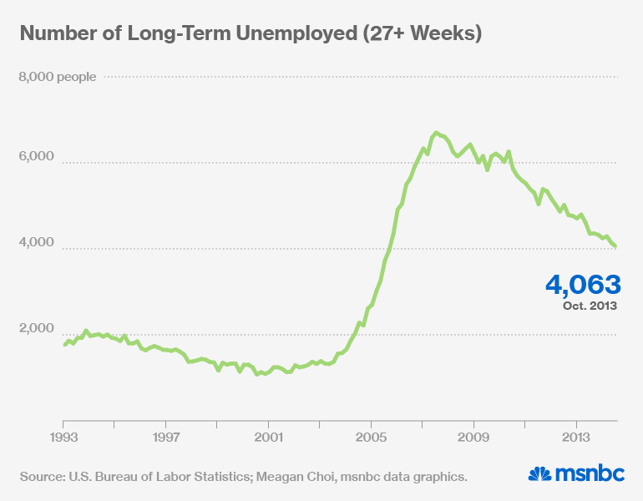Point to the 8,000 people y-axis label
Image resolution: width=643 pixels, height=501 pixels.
[x=57, y=77]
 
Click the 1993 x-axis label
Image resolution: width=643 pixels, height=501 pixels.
[x=63, y=437]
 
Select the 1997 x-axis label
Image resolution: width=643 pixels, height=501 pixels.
[x=166, y=437]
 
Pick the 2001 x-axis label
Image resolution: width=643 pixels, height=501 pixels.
[x=269, y=437]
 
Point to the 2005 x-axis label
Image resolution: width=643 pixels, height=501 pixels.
[x=372, y=437]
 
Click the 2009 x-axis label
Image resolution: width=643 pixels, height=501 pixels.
[x=474, y=437]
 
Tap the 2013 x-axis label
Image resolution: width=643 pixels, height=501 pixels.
[x=577, y=437]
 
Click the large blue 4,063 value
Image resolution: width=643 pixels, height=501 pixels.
[x=582, y=284]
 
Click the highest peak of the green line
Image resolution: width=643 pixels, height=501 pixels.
[x=435, y=134]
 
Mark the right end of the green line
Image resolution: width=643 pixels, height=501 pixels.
[x=616, y=246]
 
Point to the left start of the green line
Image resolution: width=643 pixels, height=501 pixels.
[x=64, y=345]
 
